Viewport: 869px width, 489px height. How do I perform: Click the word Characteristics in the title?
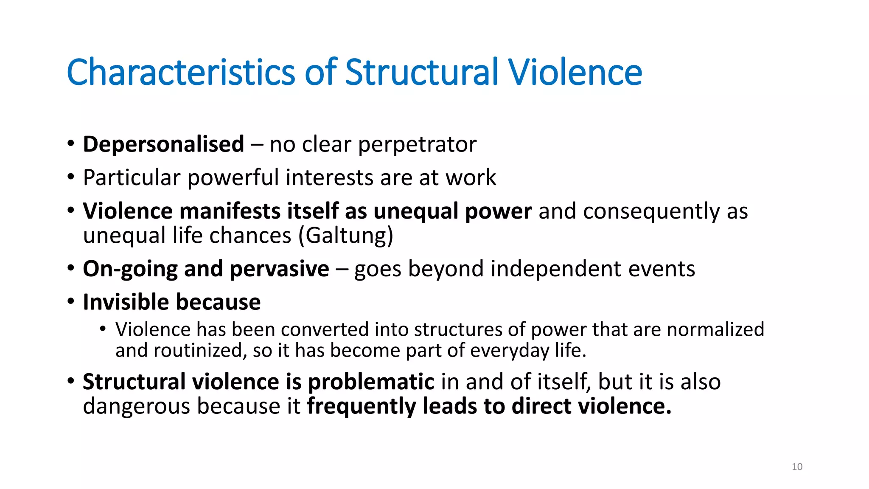[x=181, y=72]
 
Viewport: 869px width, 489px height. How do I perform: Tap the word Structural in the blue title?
[x=422, y=72]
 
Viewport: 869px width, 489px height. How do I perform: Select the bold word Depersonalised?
[x=163, y=144]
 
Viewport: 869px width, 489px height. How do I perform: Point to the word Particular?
[x=132, y=177]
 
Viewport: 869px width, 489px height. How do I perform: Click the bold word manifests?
[x=229, y=211]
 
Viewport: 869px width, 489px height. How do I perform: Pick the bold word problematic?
[x=371, y=382]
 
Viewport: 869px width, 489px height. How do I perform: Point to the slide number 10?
[x=797, y=467]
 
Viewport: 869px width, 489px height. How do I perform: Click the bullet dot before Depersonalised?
[x=71, y=143]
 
